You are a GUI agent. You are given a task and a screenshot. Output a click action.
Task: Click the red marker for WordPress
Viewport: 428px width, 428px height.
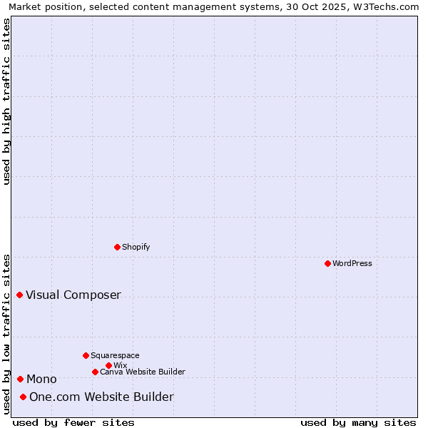point(327,263)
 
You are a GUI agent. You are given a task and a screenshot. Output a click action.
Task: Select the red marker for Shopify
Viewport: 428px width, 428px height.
point(117,247)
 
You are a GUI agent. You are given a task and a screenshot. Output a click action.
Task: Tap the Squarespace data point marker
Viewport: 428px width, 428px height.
point(86,355)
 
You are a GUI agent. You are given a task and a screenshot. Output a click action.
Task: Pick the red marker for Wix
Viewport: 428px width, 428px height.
point(108,365)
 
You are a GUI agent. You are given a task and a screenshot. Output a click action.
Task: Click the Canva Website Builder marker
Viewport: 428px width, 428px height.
point(95,372)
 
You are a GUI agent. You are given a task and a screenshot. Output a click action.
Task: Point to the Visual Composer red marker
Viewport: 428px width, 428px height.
point(19,295)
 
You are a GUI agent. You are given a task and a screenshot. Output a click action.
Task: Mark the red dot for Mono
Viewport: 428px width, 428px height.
point(20,379)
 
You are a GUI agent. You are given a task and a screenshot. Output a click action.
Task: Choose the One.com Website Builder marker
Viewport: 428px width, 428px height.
point(23,397)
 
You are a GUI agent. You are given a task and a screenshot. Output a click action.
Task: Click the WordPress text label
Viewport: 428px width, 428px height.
point(352,263)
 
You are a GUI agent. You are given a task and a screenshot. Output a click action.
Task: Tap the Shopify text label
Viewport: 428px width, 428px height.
point(136,247)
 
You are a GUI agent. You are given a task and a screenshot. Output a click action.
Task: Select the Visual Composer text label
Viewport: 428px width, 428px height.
point(73,295)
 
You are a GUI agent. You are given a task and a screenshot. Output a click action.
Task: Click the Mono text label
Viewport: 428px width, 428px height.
point(41,379)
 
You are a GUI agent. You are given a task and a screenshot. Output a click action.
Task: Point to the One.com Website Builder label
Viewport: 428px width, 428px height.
point(101,397)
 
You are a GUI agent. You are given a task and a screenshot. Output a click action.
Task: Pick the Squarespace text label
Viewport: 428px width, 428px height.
point(115,355)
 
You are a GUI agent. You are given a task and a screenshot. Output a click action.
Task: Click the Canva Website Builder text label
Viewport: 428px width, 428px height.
point(143,372)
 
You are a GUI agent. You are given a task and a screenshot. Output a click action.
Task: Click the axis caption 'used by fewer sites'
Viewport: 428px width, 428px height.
point(73,422)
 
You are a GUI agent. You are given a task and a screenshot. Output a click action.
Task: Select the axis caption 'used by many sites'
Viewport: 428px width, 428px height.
point(358,422)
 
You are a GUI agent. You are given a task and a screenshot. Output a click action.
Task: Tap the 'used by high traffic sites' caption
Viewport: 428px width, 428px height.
point(6,101)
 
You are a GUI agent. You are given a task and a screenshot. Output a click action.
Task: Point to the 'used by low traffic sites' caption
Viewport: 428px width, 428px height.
point(6,334)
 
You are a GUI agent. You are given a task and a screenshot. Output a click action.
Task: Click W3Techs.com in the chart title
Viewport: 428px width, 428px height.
point(388,6)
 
